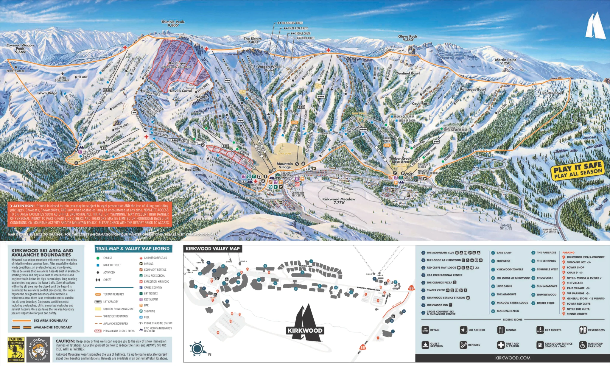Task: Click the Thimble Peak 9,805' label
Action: [x=173, y=24]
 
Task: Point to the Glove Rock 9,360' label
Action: [x=408, y=38]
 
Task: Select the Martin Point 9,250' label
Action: [x=505, y=61]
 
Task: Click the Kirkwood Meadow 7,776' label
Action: [x=339, y=201]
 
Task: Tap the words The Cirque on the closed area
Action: [x=177, y=63]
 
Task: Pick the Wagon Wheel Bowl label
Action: [x=269, y=68]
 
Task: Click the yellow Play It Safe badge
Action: [x=578, y=170]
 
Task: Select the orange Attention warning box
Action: [x=90, y=214]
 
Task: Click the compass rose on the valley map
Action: [x=197, y=348]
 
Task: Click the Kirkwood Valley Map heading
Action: [x=212, y=249]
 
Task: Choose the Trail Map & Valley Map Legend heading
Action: [x=133, y=249]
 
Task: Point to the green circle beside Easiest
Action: [x=98, y=258]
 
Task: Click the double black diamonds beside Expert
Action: [x=98, y=280]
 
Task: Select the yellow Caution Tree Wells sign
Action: [x=16, y=349]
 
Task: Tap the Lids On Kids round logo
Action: [x=38, y=349]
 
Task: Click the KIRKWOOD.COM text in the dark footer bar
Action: [x=513, y=358]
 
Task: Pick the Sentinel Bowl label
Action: [x=408, y=73]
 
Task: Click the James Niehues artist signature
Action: [x=505, y=227]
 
